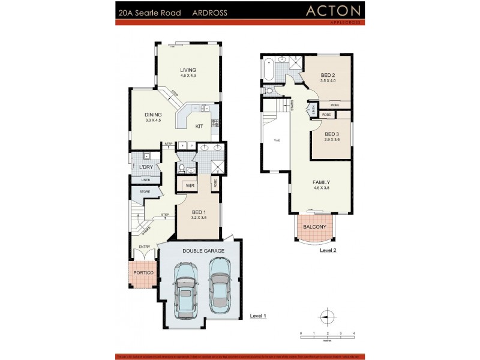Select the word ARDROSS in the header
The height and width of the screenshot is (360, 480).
(209, 12)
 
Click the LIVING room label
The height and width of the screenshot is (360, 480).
(188, 70)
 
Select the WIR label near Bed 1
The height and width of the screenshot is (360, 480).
(190, 186)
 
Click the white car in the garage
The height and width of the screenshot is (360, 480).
(220, 284)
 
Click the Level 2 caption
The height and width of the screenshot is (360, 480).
(328, 250)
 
